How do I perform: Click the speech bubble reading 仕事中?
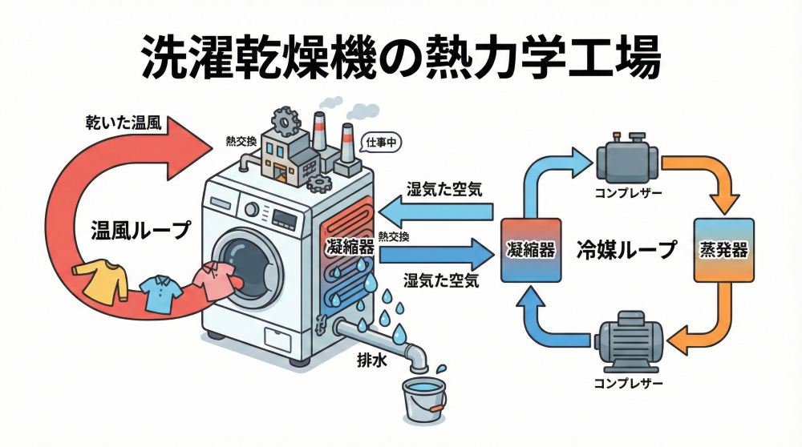point(381,143)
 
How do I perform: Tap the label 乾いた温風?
point(124,123)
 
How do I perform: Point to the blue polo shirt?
point(160,293)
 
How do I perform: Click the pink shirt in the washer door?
point(215,280)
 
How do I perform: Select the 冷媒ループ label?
point(626,250)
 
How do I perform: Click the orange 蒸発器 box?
point(723,250)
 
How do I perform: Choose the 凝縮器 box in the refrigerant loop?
point(530,250)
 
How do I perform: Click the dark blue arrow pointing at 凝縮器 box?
point(435,254)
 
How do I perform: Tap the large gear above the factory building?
point(285,121)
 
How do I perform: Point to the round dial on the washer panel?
point(251,209)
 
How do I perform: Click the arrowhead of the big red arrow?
point(192,146)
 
